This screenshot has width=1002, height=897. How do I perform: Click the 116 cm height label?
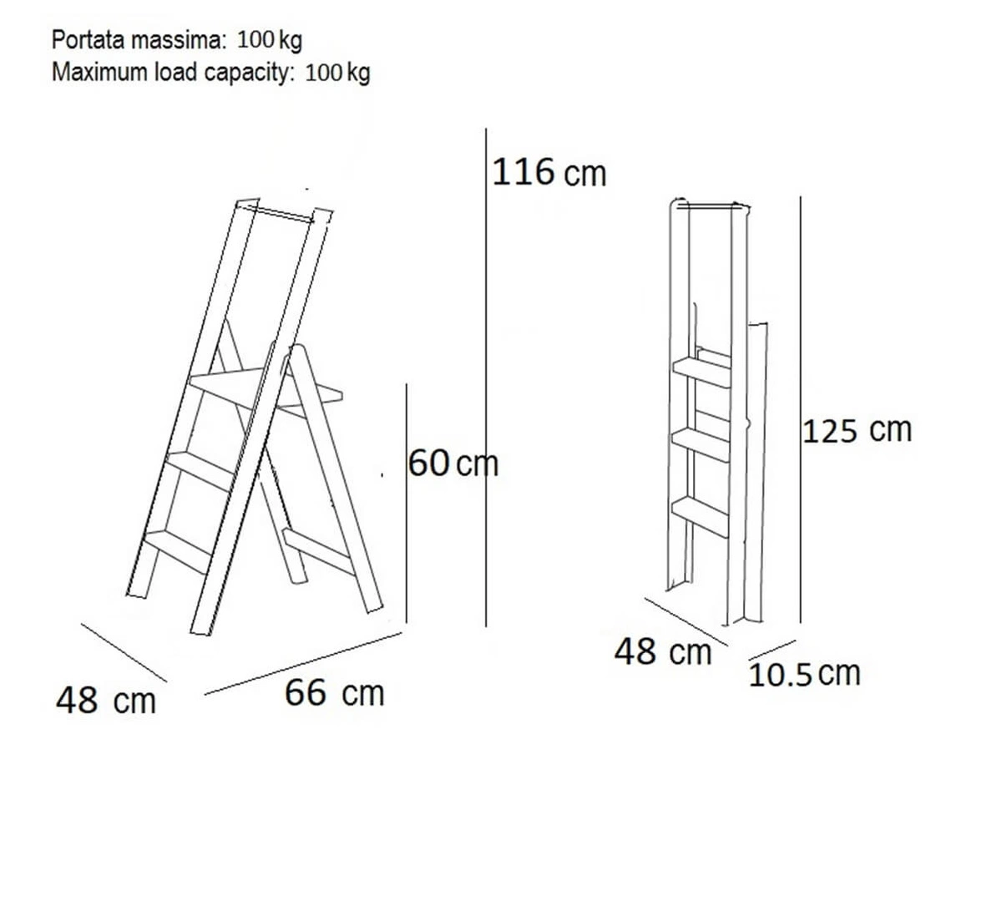coord(549,172)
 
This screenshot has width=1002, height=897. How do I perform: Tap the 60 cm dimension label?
coord(453,464)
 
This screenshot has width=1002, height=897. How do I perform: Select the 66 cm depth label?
coord(334,692)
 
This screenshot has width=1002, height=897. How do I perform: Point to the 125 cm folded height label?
coord(857,430)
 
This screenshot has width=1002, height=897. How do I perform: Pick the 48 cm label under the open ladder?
coord(106,701)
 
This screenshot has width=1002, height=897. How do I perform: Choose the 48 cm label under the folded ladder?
coord(663,651)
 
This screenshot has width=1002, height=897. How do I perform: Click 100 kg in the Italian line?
coord(270,39)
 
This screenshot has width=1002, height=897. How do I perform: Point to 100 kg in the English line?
coord(338,73)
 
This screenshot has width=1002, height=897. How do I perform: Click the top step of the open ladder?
coord(265,389)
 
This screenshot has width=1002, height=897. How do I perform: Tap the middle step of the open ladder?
coord(200,469)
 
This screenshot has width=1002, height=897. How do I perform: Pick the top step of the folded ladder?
coord(701,372)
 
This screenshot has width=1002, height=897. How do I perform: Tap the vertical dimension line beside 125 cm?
coord(801,409)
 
